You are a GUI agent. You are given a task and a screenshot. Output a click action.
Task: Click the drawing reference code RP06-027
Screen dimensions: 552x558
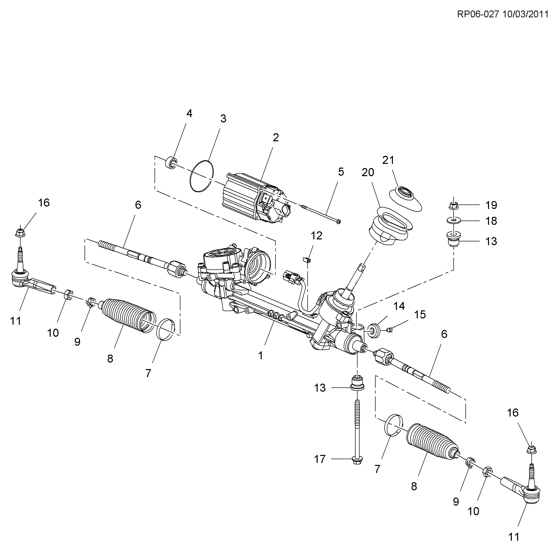pyautogui.click(x=478, y=15)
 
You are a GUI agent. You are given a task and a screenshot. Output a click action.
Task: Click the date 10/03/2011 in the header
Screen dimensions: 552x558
pyautogui.click(x=525, y=15)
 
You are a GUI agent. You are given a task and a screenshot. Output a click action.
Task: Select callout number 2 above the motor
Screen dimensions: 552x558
pyautogui.click(x=275, y=138)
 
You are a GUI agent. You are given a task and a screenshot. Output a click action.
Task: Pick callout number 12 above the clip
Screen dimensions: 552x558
pyautogui.click(x=316, y=236)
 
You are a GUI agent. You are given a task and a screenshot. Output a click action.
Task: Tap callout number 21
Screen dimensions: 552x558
pyautogui.click(x=388, y=160)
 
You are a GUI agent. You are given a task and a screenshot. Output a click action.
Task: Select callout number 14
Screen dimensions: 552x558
pyautogui.click(x=399, y=306)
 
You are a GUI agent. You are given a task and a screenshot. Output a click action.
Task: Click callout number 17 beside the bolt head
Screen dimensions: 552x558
pyautogui.click(x=319, y=459)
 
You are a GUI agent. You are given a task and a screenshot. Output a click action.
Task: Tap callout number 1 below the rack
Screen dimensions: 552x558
pyautogui.click(x=260, y=356)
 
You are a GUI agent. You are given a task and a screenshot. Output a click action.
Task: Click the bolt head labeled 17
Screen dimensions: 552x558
pyautogui.click(x=357, y=460)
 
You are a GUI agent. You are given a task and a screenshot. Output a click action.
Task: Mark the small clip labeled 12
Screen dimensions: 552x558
pyautogui.click(x=307, y=259)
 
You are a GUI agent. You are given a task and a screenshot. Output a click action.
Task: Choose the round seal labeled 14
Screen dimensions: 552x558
pyautogui.click(x=375, y=330)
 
